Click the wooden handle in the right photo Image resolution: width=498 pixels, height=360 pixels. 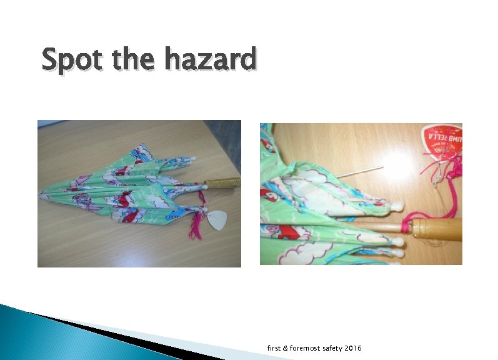(437, 229)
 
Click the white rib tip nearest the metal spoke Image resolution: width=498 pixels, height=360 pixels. (397, 205)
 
